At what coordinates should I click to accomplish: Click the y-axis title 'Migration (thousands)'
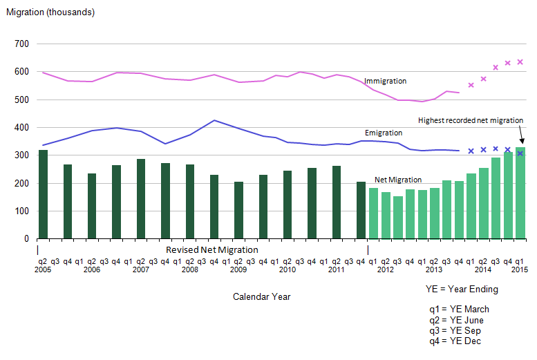pos(50,12)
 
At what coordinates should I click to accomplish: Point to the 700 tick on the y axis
pos(21,44)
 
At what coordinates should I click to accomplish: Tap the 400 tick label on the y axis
pos(21,128)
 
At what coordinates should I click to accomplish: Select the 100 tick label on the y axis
pos(21,211)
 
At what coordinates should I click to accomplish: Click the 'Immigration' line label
pos(385,81)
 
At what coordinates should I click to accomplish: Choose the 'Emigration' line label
pos(384,132)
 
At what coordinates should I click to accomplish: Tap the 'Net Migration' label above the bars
pos(397,180)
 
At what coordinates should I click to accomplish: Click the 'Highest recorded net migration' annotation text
pos(471,120)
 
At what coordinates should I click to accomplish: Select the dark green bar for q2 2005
pos(43,194)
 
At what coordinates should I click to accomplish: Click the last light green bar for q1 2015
pos(520,193)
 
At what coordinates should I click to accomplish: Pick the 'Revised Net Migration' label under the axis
pos(212,249)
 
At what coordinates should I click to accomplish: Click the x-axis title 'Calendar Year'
pos(261,296)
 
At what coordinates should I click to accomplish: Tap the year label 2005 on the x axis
pos(43,269)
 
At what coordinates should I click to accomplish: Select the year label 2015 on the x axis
pos(518,269)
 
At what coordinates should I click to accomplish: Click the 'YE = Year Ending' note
pos(462,289)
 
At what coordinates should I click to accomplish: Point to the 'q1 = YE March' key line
pos(459,309)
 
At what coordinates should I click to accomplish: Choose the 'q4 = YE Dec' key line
pos(455,341)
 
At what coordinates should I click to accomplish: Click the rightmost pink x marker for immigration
pos(520,62)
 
